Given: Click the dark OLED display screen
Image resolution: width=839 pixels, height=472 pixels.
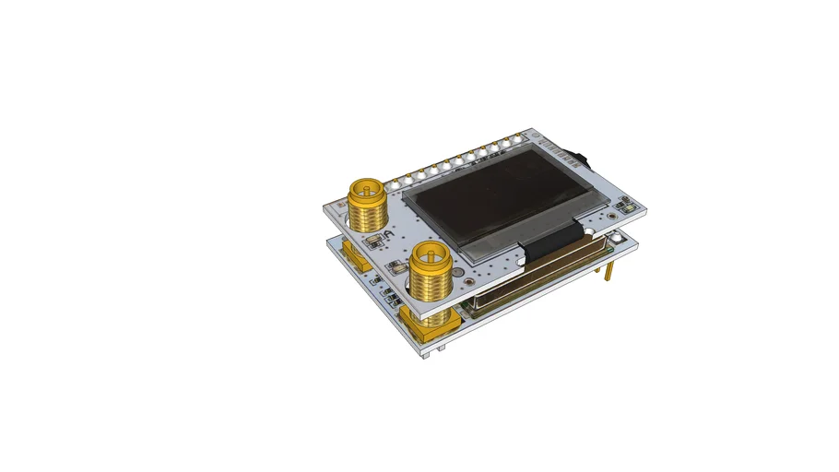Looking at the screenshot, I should pyautogui.click(x=498, y=201).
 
